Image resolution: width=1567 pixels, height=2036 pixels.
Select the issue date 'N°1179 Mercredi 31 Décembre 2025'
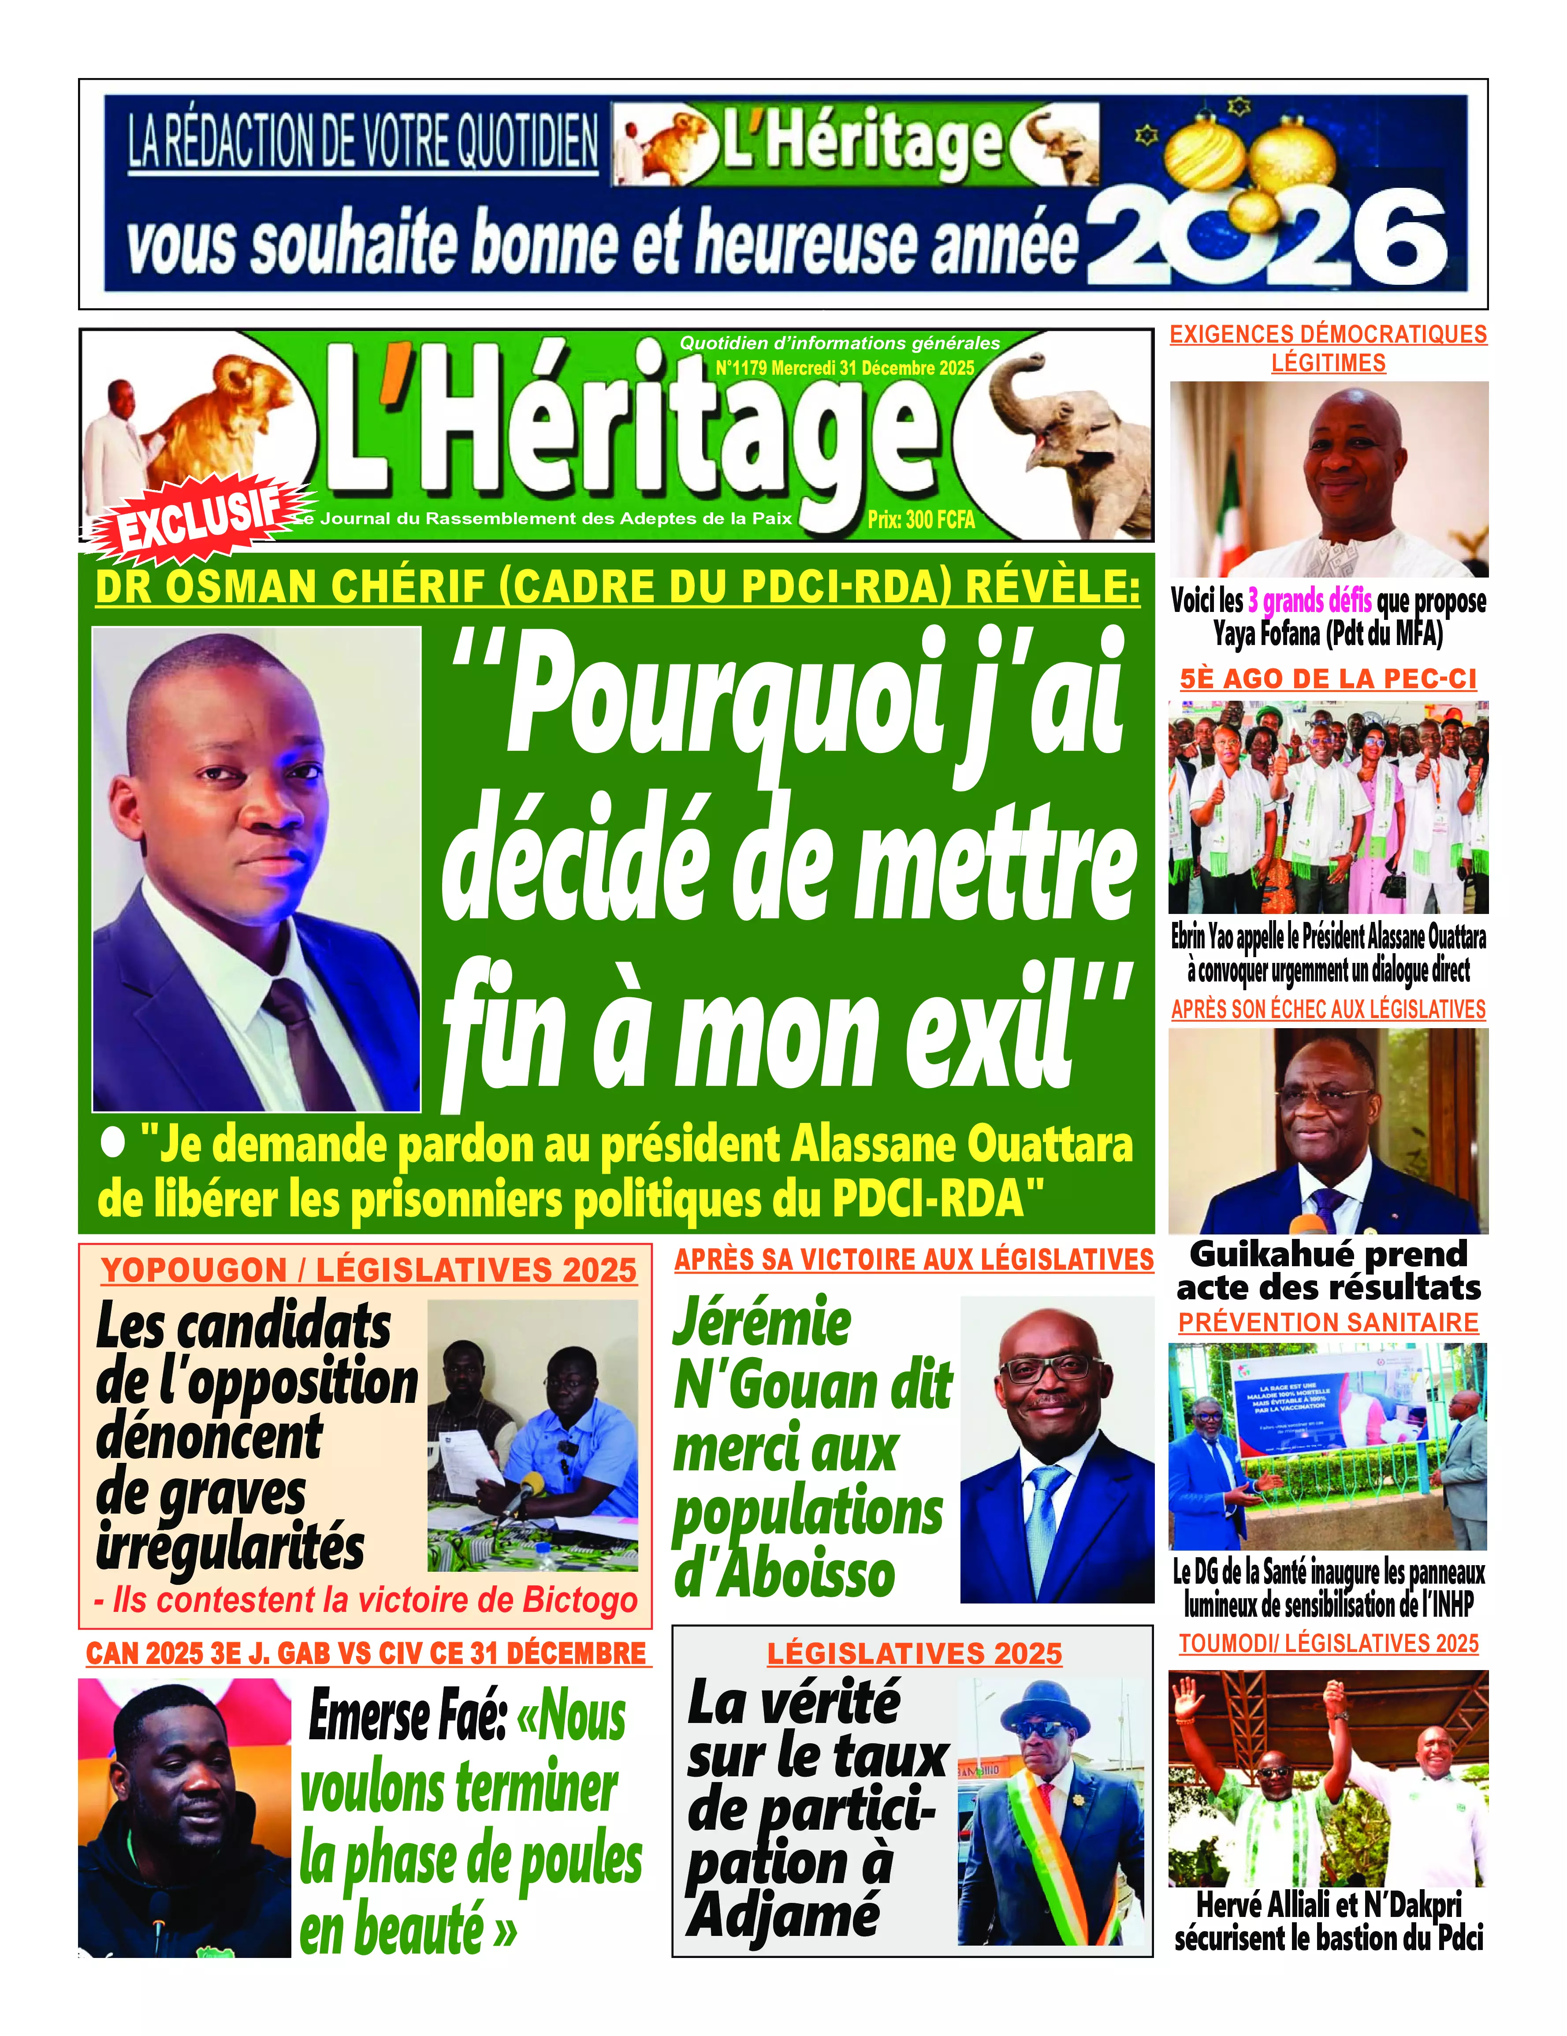click(845, 368)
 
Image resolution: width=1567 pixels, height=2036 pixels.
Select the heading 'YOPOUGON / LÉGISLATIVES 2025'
click(369, 1271)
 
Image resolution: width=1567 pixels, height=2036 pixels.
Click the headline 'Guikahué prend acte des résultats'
click(1329, 1271)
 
